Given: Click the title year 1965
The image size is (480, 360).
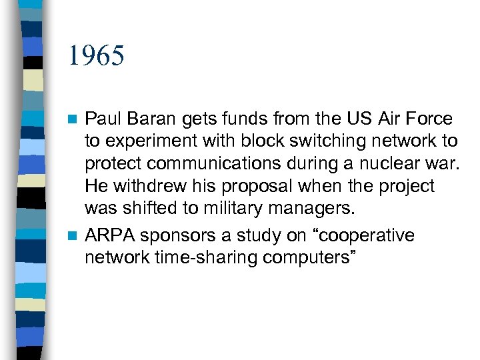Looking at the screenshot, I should [x=96, y=56].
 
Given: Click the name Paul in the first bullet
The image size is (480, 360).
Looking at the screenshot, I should [x=101, y=119].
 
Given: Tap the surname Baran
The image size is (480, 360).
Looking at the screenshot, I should [x=149, y=119].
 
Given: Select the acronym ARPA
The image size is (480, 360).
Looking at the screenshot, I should [x=108, y=236].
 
